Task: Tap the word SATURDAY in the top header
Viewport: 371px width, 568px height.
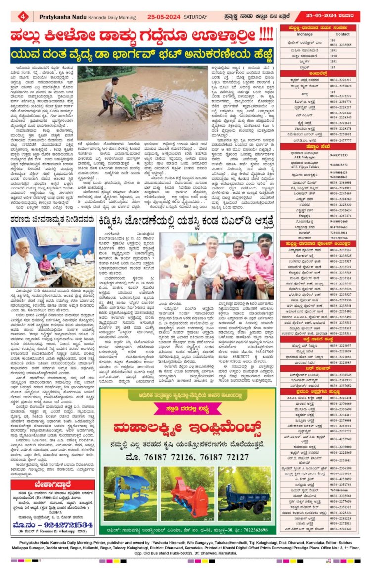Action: coord(197,16)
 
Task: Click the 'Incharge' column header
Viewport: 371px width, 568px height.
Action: coord(305,34)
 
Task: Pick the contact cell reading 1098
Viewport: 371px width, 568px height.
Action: coord(334,56)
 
